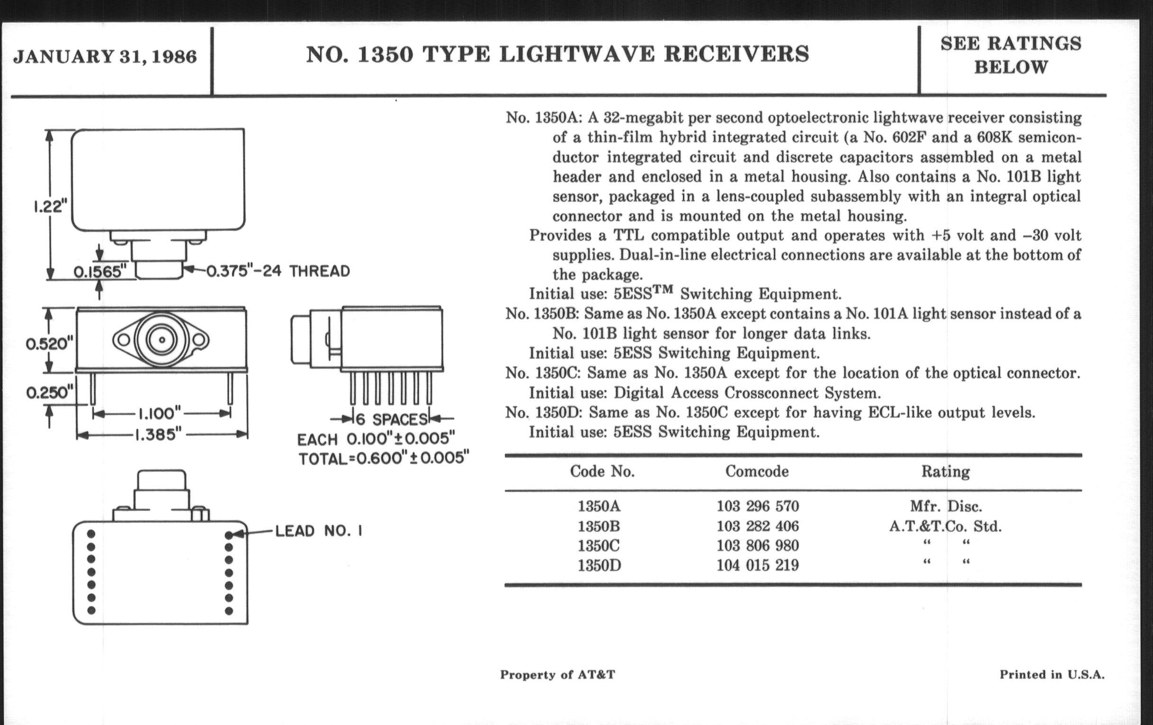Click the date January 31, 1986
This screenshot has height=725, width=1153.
105,56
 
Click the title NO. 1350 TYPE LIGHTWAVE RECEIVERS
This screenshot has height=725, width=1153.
558,54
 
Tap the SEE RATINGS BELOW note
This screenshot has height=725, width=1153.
1011,55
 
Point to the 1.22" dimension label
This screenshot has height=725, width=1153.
50,206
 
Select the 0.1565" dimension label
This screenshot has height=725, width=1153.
99,272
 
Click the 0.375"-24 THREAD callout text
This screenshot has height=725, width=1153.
278,271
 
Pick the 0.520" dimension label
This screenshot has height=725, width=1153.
49,343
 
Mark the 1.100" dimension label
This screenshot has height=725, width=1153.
159,413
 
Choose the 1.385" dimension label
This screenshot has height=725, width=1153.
158,435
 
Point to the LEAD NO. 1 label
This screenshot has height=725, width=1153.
319,531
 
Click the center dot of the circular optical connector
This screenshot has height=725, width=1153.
162,340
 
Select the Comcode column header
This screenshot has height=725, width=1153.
757,471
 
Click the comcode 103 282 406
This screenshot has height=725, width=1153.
758,526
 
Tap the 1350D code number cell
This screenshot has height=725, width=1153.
599,565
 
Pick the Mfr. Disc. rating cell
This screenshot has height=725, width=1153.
946,506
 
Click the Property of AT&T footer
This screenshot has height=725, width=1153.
558,674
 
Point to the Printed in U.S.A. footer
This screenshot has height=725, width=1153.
1052,674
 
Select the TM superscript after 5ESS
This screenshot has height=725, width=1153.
663,289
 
